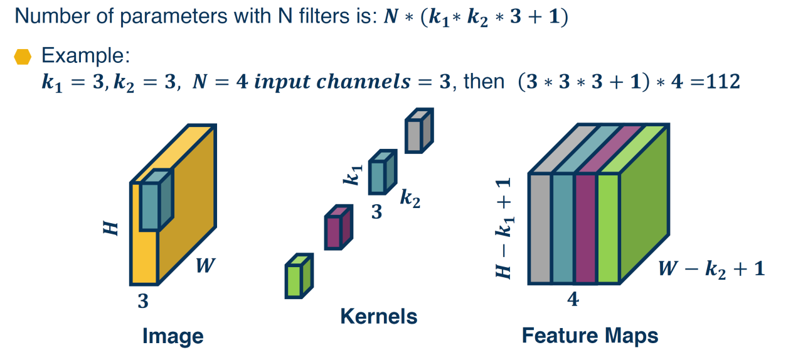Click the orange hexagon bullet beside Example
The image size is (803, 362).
(x=23, y=57)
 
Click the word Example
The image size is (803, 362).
(x=85, y=56)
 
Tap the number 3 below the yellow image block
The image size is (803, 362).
(x=143, y=302)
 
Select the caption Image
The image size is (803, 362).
(x=173, y=336)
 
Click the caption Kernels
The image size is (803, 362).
(x=378, y=316)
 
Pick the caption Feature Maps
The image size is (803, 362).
(x=590, y=336)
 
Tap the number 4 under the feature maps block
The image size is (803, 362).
(x=572, y=300)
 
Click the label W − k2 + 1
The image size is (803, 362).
(x=711, y=269)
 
